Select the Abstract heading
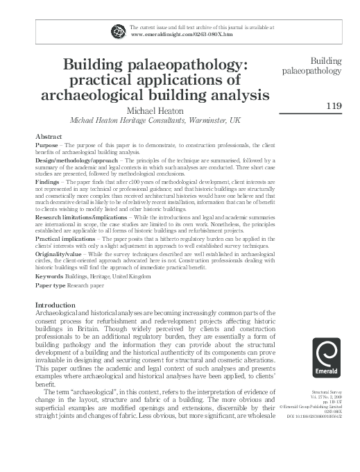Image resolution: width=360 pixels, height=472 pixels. click(x=49, y=137)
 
